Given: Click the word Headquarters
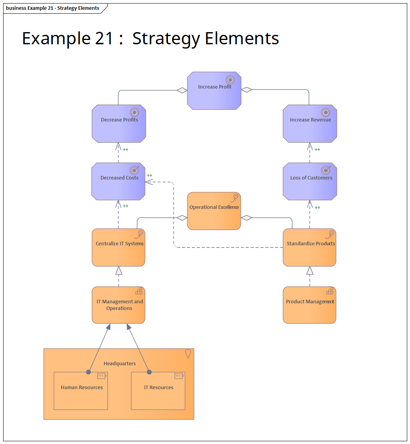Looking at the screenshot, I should pos(120,364).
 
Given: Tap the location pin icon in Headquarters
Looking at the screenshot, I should pos(188,354).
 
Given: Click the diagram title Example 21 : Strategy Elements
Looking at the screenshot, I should pos(150,38).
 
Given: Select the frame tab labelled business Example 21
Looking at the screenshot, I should pos(53,8).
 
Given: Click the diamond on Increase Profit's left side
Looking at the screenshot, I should pos(182,90).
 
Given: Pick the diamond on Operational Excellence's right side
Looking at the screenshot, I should pos(246,218).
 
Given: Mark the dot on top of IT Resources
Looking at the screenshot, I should pos(149,372).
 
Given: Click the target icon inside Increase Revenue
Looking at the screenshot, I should pos(325,112).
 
